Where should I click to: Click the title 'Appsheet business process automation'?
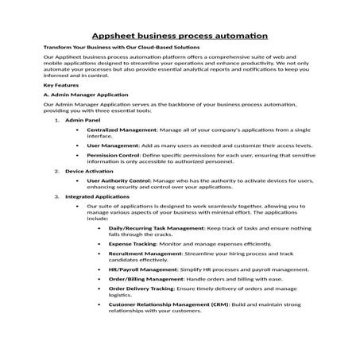click(x=180, y=36)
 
